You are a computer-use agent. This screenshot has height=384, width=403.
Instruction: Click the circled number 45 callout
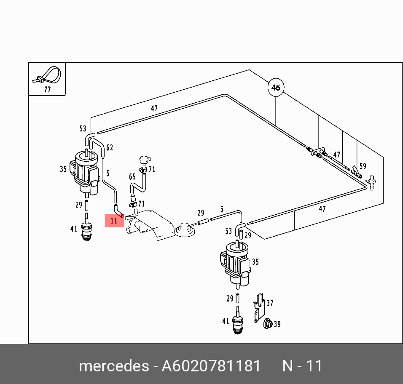click(x=276, y=88)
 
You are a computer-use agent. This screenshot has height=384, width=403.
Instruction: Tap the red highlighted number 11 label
click(x=114, y=220)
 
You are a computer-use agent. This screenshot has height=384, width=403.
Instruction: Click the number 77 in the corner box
click(x=47, y=89)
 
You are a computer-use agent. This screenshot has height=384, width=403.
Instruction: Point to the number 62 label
click(x=110, y=148)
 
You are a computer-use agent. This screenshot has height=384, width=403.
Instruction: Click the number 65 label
click(x=132, y=177)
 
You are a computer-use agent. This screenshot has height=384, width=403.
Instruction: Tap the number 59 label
click(x=363, y=166)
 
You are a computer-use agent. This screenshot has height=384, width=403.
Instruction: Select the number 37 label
click(x=269, y=303)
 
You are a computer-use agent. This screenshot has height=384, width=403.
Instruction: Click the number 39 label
click(x=277, y=324)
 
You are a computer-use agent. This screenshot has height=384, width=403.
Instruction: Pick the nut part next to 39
click(x=267, y=324)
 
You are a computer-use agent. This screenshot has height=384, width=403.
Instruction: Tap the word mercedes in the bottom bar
click(x=113, y=366)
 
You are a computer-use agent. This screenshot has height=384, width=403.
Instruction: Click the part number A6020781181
click(x=211, y=366)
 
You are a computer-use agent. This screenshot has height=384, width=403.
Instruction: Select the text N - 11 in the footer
click(x=302, y=366)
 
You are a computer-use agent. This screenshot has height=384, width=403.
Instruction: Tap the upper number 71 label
click(x=152, y=170)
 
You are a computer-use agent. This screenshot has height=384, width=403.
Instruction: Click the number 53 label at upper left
click(x=83, y=129)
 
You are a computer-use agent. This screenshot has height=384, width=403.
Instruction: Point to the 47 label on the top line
click(x=154, y=109)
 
